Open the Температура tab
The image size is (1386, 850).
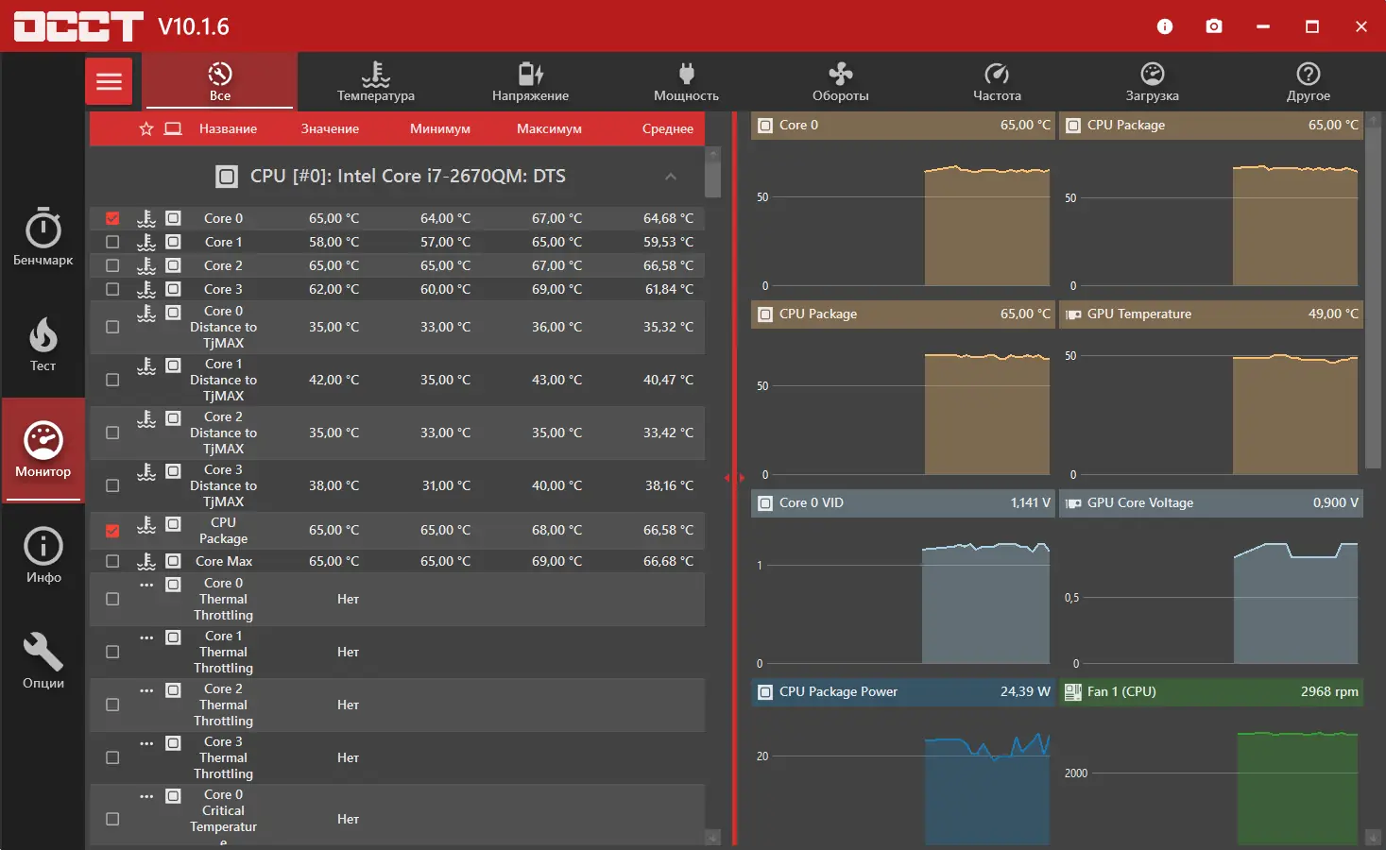coord(375,81)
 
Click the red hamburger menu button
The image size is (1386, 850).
coord(109,81)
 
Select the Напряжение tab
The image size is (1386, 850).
coord(530,81)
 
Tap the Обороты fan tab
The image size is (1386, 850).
coord(840,81)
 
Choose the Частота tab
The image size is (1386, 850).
coord(997,81)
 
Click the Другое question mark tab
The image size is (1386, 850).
coord(1308,81)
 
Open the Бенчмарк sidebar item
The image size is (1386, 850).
coord(43,237)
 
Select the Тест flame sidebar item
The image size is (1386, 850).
coord(43,344)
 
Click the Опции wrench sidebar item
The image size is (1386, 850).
coord(43,661)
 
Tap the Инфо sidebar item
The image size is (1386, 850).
coord(43,555)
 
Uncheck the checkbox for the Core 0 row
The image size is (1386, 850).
coord(112,218)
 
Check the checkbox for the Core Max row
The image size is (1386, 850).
coord(112,561)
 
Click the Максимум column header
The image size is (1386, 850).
coord(549,128)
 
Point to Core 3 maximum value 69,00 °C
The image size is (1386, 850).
coord(556,289)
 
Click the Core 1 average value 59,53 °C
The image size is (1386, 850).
coord(668,242)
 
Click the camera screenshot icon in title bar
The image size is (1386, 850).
coord(1214,26)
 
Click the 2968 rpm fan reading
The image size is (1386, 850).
coord(1328,691)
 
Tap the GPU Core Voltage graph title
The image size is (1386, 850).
coord(1139,502)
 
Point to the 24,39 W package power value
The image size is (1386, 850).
coord(1025,691)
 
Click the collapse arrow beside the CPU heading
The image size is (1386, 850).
coord(671,177)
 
